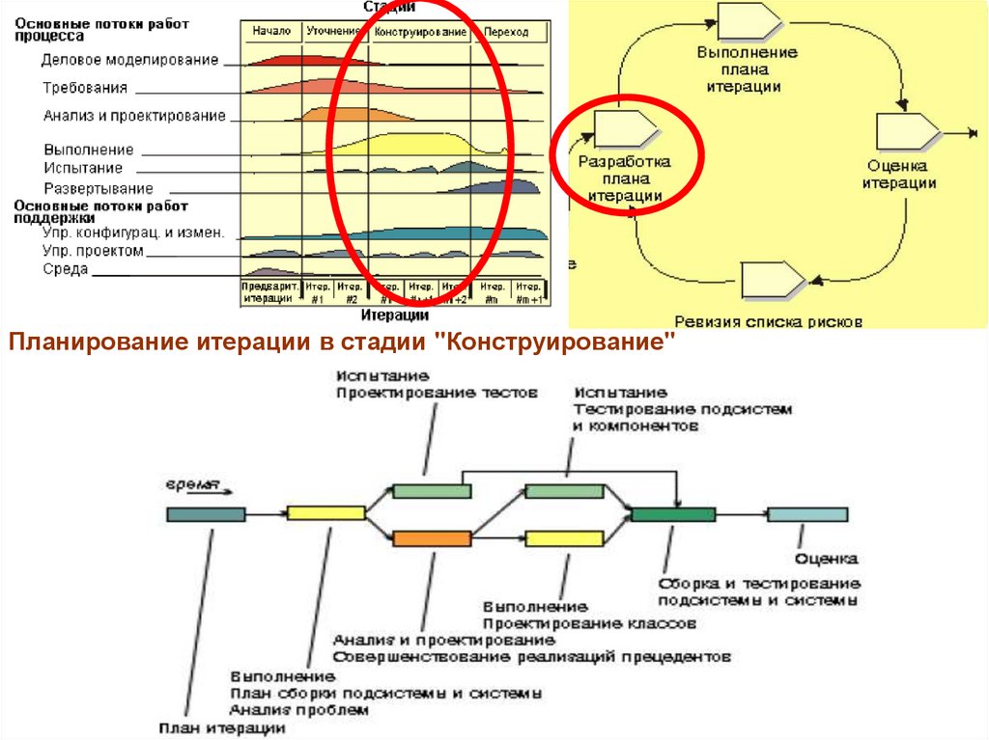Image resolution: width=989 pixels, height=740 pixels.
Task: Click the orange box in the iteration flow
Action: click(431, 539)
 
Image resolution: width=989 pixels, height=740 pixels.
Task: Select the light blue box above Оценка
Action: click(807, 514)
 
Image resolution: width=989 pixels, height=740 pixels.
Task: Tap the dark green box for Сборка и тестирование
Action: click(672, 514)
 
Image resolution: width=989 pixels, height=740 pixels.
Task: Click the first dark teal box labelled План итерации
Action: click(206, 514)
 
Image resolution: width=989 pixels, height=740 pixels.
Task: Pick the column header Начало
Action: click(271, 32)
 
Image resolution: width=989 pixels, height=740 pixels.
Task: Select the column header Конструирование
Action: click(421, 33)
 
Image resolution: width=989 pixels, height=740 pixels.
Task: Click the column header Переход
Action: click(506, 33)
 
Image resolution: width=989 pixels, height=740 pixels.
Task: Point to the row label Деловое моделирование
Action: click(130, 60)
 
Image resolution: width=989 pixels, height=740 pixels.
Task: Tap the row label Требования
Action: click(85, 88)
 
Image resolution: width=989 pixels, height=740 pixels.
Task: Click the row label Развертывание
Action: click(99, 189)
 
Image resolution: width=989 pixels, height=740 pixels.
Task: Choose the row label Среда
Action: click(66, 269)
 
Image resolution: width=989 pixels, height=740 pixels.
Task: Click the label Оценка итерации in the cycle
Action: click(899, 174)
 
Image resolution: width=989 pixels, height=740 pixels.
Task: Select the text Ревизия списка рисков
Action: click(768, 321)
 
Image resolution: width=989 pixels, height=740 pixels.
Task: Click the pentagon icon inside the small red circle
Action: click(626, 129)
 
